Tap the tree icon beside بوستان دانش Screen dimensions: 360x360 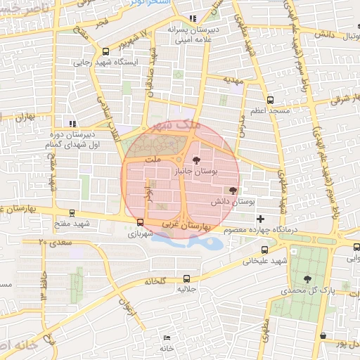[233, 191]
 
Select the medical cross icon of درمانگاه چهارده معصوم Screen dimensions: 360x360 [261, 219]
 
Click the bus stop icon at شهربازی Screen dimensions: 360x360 [140, 222]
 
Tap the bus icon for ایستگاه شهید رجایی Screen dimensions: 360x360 [105, 51]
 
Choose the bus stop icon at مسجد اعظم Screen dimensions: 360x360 [270, 101]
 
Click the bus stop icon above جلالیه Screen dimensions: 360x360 [186, 278]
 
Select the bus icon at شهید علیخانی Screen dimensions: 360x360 [264, 250]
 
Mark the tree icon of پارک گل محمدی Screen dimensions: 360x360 [307, 279]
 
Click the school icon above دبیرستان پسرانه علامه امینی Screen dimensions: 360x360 [193, 19]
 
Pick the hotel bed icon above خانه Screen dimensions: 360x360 [167, 337]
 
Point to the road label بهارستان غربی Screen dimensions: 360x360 [186, 226]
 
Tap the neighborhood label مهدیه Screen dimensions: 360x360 [232, 80]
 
